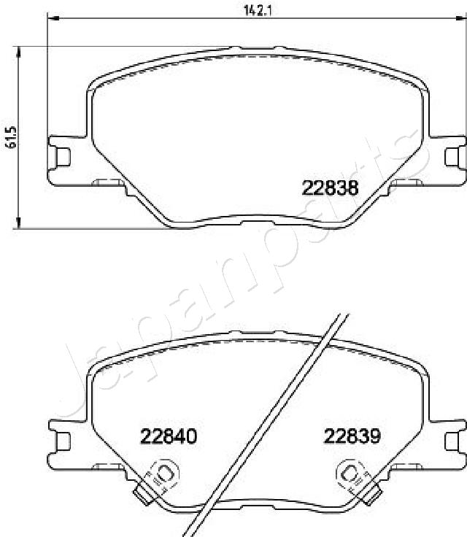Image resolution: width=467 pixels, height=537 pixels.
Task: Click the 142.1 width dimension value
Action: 251,9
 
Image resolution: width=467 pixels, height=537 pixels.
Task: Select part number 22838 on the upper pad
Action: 330,188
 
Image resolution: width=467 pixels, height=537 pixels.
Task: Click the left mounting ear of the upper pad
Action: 61,155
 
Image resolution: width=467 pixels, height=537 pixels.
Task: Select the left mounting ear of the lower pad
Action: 61,441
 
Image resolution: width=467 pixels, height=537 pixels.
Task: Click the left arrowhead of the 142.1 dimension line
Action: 50,18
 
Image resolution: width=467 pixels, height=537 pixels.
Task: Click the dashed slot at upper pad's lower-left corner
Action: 109,182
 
